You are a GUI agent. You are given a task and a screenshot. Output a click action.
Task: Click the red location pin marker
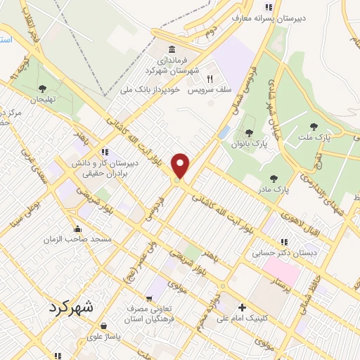coord(181,166)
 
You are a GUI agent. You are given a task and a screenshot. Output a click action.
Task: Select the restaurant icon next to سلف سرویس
coord(210,79)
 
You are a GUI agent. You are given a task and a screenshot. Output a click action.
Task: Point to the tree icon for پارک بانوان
coord(249,133)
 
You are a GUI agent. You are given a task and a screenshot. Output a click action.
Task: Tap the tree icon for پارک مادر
coord(273,179)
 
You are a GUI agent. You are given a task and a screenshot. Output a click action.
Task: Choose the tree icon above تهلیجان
coord(44,89)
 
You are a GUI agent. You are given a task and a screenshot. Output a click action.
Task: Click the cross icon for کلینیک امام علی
coord(243,307)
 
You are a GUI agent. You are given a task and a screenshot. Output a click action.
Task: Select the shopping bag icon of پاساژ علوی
coord(104,326)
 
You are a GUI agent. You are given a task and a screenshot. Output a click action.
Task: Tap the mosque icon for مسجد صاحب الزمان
coord(77,229)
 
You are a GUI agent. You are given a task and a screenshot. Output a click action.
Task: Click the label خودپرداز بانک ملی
coord(152,91)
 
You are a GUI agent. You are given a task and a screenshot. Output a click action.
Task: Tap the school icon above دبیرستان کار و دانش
coord(104,151)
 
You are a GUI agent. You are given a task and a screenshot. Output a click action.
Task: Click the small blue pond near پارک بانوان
coord(224,131)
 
